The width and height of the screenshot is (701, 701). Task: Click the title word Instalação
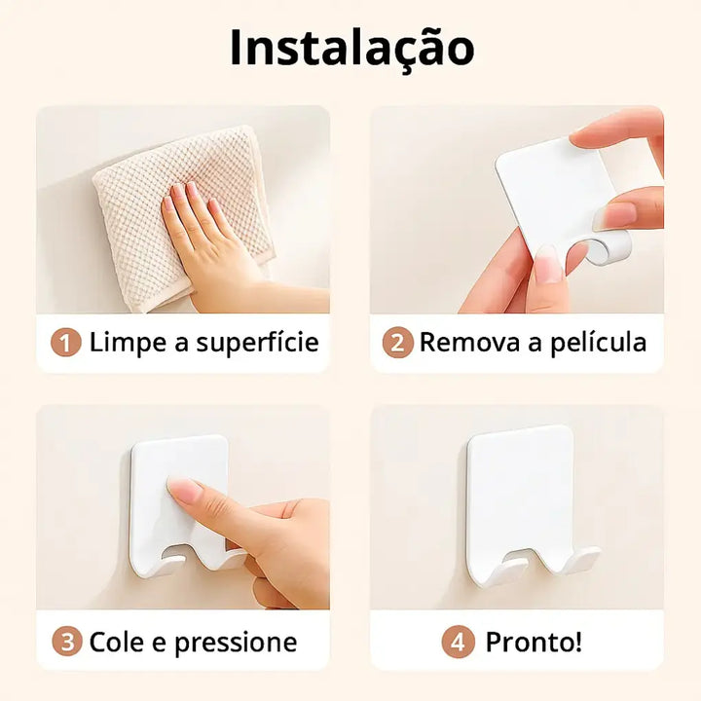tap(351, 49)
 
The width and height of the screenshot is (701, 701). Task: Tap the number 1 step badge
tap(66, 343)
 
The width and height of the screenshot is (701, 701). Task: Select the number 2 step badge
tap(397, 343)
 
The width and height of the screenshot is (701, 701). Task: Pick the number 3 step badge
tap(67, 642)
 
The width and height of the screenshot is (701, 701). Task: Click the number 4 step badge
tap(458, 643)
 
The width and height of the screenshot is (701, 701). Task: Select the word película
tap(598, 343)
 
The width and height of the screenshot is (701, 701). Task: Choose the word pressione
tap(236, 643)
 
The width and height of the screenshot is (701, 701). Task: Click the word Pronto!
tap(534, 642)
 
